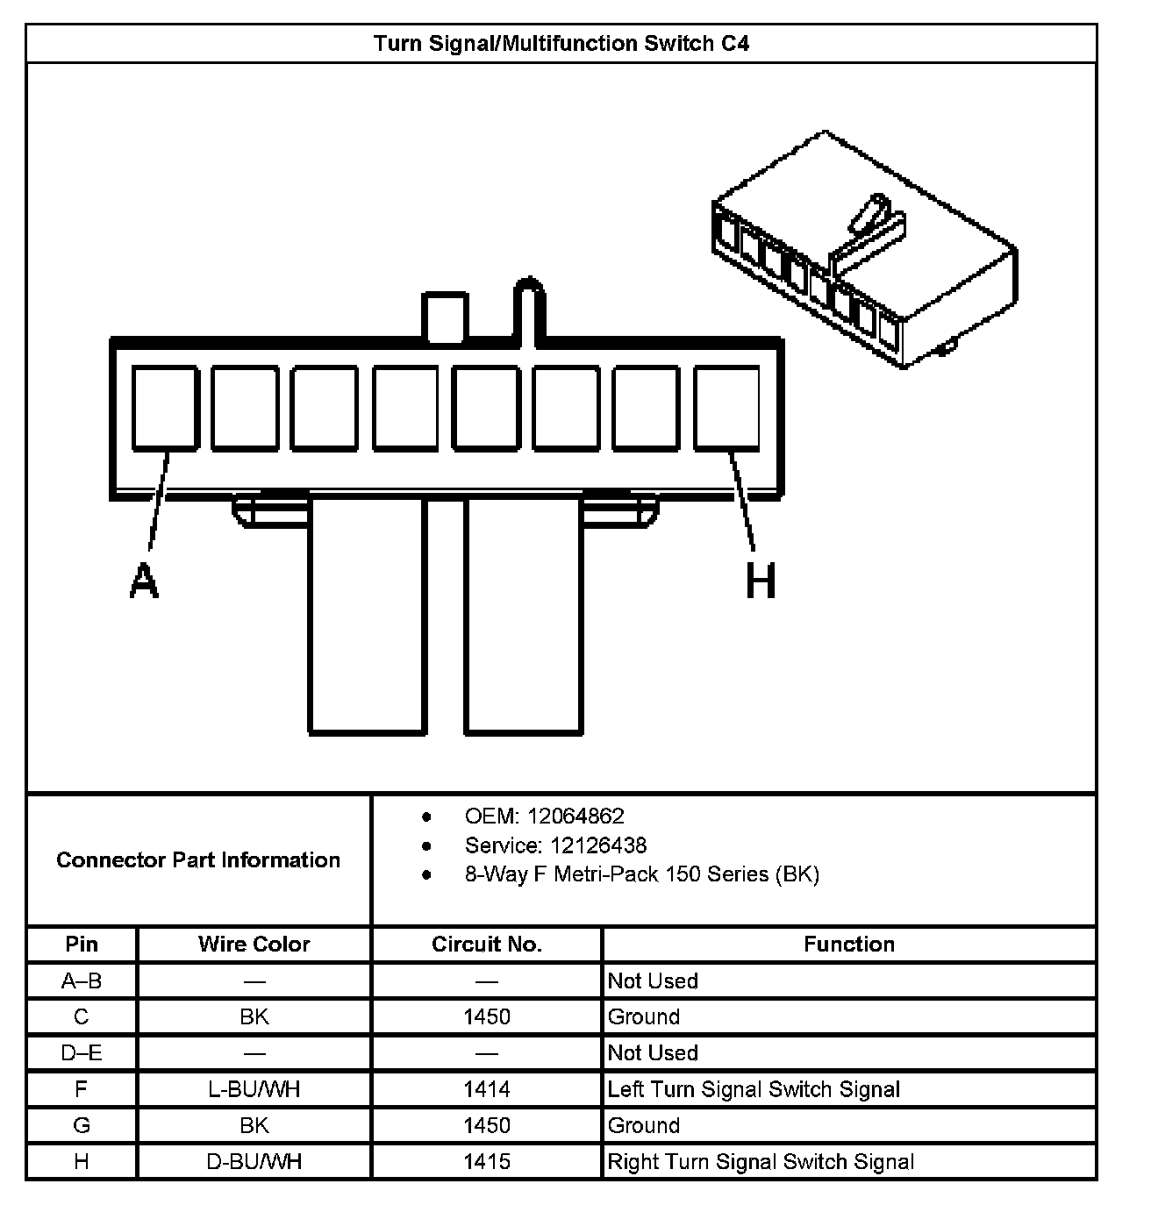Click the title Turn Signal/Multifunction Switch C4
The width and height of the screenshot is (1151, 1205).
pyautogui.click(x=561, y=44)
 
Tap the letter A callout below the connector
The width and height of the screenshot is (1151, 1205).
pyautogui.click(x=144, y=581)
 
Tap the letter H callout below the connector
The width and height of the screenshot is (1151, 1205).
pyautogui.click(x=761, y=581)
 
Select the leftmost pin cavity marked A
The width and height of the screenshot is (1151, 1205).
pyautogui.click(x=165, y=409)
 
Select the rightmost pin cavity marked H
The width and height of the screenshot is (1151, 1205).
pyautogui.click(x=726, y=409)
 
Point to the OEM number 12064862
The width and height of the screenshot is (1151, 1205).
pyautogui.click(x=575, y=816)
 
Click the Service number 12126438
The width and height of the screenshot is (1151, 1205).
pyautogui.click(x=597, y=845)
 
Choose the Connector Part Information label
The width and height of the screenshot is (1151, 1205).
pyautogui.click(x=198, y=859)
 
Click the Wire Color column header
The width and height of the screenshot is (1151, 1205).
pyautogui.click(x=254, y=945)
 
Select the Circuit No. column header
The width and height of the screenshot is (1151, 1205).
pyautogui.click(x=487, y=945)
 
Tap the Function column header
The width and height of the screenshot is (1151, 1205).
pyautogui.click(x=849, y=945)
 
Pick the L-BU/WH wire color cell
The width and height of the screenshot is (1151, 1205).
pyautogui.click(x=254, y=1089)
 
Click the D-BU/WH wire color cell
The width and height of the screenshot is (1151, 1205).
pyautogui.click(x=254, y=1162)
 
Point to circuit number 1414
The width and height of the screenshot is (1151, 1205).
pyautogui.click(x=487, y=1089)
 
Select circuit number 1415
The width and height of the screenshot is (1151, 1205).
pyautogui.click(x=487, y=1162)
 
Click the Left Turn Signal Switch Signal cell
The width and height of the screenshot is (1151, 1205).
pyautogui.click(x=754, y=1089)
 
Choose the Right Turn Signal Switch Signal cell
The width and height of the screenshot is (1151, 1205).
pyautogui.click(x=761, y=1162)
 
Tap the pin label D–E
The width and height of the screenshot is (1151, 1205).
pyautogui.click(x=82, y=1052)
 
